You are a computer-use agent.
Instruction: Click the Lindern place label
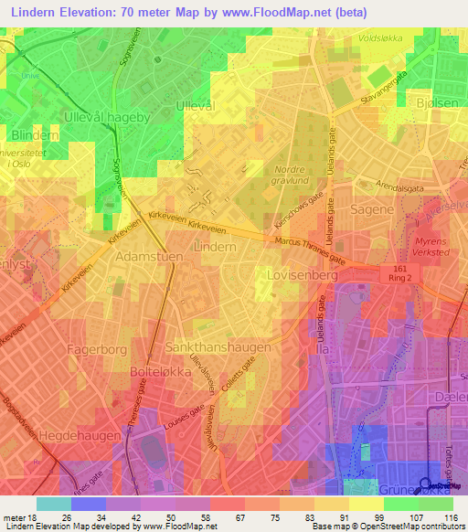(x=216, y=247)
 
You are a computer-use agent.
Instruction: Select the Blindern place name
(x=37, y=135)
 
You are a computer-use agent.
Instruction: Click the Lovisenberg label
(x=291, y=273)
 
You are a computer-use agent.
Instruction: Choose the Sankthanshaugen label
(x=218, y=348)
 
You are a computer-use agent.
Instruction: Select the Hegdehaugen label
(x=82, y=437)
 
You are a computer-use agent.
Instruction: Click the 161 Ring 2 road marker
(x=399, y=273)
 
